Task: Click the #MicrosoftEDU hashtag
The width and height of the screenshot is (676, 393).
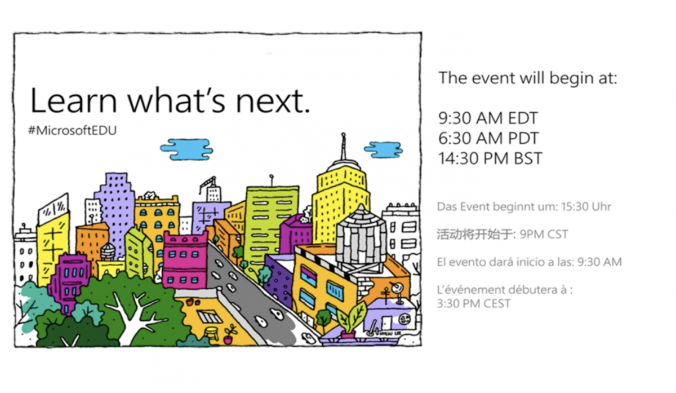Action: [73, 130]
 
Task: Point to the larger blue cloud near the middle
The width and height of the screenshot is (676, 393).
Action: [186, 149]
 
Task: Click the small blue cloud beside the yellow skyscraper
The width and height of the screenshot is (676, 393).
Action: [383, 149]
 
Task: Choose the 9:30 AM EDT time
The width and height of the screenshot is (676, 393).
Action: [488, 118]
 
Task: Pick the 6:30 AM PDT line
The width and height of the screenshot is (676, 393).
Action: [488, 138]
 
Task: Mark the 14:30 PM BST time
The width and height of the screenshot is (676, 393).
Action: [490, 158]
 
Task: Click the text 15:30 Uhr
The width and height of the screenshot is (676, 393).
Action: [586, 207]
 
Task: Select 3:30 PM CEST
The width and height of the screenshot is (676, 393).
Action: [474, 303]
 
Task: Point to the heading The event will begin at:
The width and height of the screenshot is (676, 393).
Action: [528, 78]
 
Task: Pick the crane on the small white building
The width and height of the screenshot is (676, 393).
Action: [209, 183]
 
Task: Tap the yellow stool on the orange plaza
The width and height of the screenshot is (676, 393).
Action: [212, 333]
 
